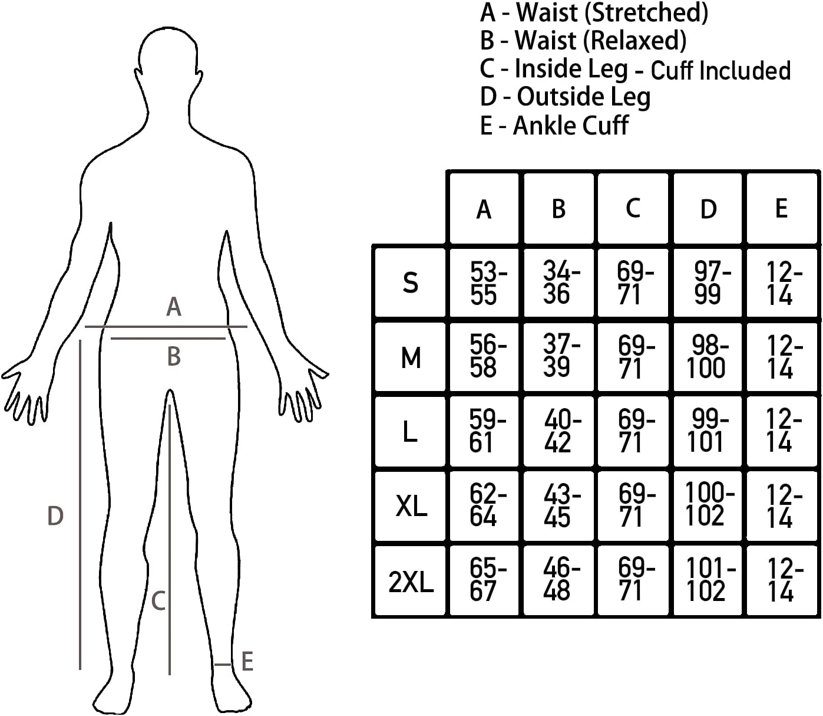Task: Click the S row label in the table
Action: click(410, 283)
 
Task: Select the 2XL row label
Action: click(411, 582)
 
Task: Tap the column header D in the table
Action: click(708, 209)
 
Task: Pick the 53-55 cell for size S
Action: click(488, 283)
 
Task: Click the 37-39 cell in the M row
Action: click(561, 355)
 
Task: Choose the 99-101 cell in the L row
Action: click(708, 430)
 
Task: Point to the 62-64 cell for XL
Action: click(488, 505)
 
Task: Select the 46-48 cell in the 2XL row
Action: click(561, 579)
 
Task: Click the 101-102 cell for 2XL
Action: click(710, 579)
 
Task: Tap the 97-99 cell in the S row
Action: click(712, 283)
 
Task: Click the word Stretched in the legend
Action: click(646, 14)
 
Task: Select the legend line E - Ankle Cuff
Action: click(554, 126)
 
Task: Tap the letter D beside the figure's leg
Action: click(55, 516)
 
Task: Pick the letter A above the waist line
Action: click(173, 307)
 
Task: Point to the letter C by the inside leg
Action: click(158, 602)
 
